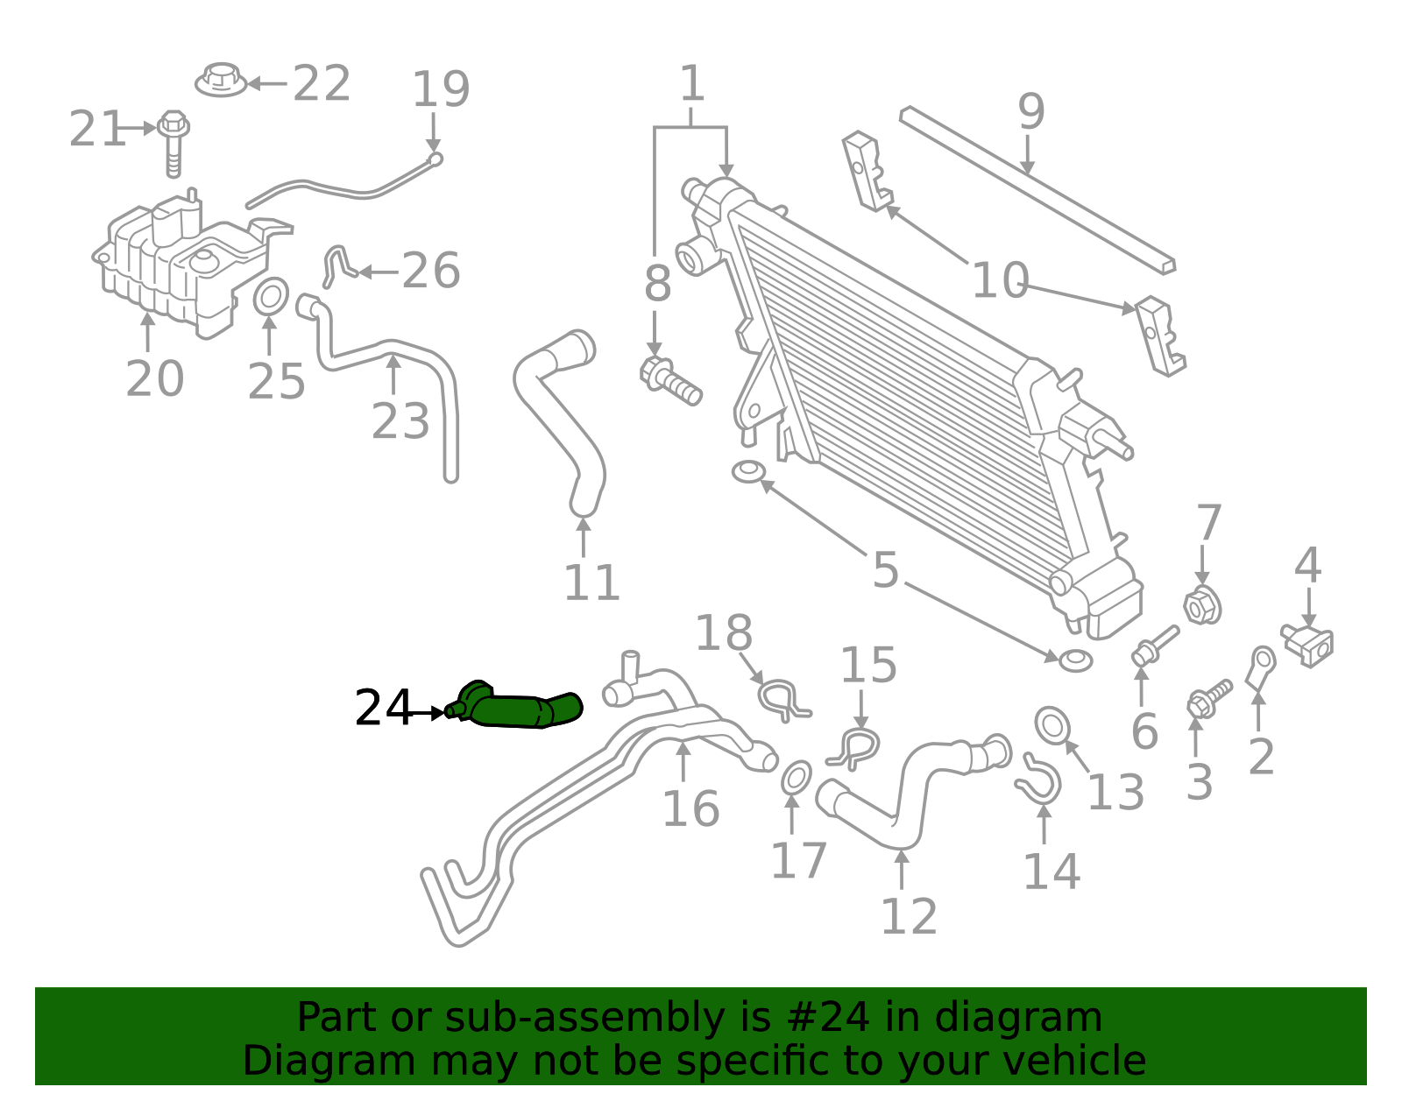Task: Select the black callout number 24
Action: pos(383,708)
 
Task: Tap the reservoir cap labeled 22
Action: pos(221,81)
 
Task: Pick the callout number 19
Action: pos(441,89)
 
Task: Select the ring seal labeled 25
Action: pos(271,297)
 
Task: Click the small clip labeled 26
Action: pos(336,265)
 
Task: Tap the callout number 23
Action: pos(400,421)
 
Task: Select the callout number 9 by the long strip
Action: pos(1031,112)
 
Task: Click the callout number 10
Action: pos(1000,281)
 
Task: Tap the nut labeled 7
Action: pos(1202,605)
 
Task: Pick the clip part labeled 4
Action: pos(1308,644)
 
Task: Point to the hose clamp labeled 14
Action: pos(1039,780)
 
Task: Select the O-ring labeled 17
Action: pos(796,777)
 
